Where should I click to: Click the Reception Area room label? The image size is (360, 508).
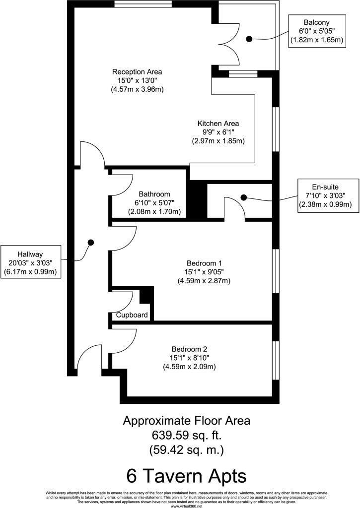137,71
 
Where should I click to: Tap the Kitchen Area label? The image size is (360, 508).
218,123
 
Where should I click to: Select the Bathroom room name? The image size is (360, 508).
154,194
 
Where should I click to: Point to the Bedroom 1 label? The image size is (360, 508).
204,262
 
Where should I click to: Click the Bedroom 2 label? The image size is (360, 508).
189,348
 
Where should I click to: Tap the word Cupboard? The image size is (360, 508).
132,315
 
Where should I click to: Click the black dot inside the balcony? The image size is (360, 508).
249,38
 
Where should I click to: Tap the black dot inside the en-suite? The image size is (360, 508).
243,197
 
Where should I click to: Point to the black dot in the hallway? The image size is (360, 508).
91,242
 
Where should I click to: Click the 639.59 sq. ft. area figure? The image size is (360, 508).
187,436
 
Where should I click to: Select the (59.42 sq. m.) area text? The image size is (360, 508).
187,450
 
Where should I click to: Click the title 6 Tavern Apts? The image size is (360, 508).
186,476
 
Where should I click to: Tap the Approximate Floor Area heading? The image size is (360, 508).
187,421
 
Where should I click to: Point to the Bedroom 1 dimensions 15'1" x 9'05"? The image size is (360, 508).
204,272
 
